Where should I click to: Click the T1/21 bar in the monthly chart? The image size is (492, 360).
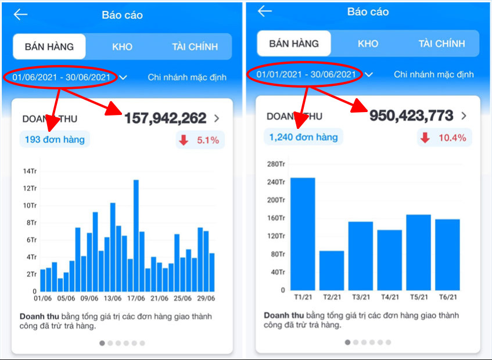coord(303,234)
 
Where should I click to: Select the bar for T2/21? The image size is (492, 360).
coord(332,271)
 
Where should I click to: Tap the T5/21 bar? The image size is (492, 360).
coord(418,253)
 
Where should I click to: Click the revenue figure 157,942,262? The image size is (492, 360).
coord(165,118)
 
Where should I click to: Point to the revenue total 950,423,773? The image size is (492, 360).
coord(411,116)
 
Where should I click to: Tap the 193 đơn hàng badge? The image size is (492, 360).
coord(54,139)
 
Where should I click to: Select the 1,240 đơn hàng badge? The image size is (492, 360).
coord(303,137)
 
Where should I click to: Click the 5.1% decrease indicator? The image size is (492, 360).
coord(200,140)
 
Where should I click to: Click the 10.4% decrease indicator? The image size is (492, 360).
coord(444,138)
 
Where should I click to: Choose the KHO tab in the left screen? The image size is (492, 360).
coord(121,46)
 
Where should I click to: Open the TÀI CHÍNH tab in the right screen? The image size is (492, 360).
coord(441,44)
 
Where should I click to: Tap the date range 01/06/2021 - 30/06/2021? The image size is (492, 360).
coord(62,77)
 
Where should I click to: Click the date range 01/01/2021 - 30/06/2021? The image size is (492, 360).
coord(306,74)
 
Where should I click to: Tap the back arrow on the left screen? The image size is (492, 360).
coord(20,15)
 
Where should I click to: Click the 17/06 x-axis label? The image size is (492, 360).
coord(135,299)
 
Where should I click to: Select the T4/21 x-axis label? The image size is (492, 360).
coord(389,297)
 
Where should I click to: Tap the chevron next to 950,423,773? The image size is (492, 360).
coord(464,116)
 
